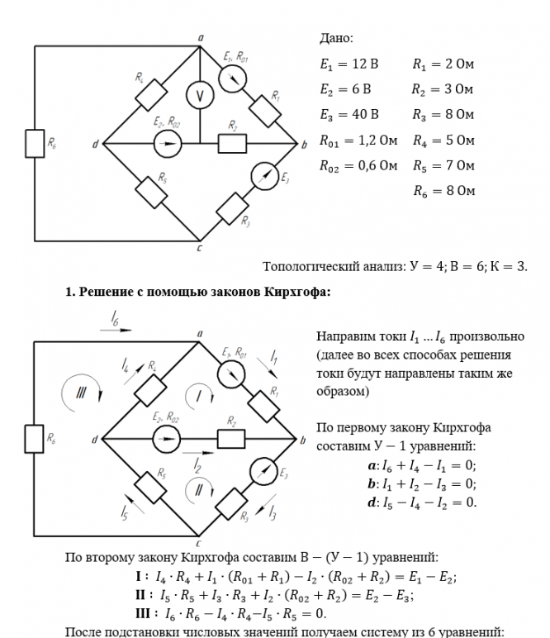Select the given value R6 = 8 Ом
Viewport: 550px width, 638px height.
click(443, 191)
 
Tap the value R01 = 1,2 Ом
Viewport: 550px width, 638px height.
click(358, 140)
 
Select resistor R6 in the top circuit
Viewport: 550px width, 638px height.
click(34, 144)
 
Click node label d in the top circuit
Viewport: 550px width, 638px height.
click(95, 145)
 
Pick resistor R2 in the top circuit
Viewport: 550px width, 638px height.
click(233, 144)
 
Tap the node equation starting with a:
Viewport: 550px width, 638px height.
click(421, 466)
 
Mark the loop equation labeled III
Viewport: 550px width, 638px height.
click(230, 614)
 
